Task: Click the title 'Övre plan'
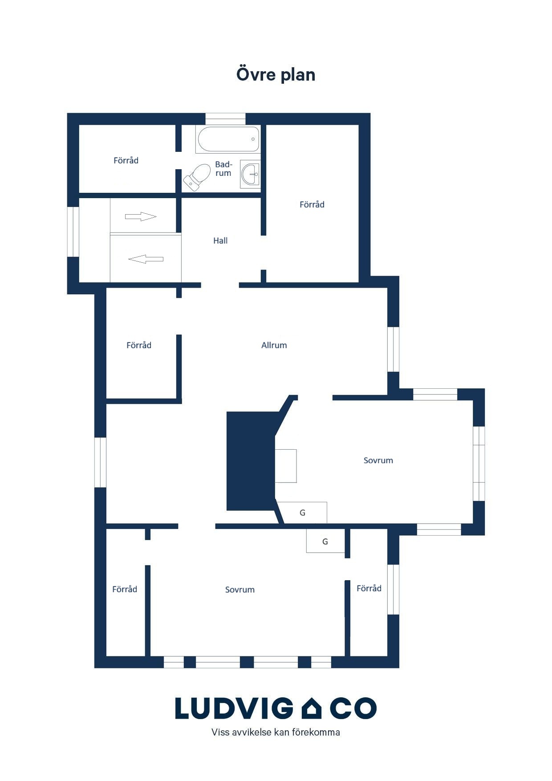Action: [x=276, y=74]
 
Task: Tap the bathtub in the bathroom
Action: [x=228, y=139]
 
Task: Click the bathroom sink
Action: [x=251, y=174]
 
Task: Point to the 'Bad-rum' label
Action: [x=223, y=169]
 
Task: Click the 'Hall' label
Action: [x=220, y=241]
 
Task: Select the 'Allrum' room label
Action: [x=274, y=345]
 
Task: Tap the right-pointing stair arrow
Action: [x=141, y=217]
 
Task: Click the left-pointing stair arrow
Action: [x=146, y=259]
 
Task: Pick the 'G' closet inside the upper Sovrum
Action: [x=303, y=513]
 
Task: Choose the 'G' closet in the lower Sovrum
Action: [x=325, y=541]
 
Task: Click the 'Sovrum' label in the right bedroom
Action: [x=378, y=460]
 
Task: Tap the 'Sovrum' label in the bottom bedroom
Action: [x=240, y=590]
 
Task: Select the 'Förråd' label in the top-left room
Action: [x=126, y=160]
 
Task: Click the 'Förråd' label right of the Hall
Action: [x=312, y=204]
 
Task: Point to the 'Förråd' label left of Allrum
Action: [x=139, y=345]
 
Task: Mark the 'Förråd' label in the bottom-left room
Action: [x=125, y=589]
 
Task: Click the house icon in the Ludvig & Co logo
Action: [x=312, y=708]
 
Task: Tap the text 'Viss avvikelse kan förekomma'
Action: [x=276, y=732]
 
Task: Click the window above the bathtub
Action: [x=225, y=119]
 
